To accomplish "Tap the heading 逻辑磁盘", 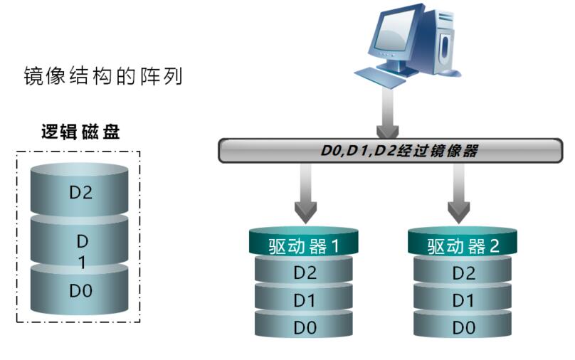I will pyautogui.click(x=79, y=132).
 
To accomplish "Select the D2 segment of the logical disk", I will pyautogui.click(x=80, y=193).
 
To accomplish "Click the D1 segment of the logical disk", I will pyautogui.click(x=80, y=250).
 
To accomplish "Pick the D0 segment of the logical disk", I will pyautogui.click(x=80, y=291).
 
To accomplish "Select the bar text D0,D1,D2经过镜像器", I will pyautogui.click(x=387, y=151).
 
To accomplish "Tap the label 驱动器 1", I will pyautogui.click(x=305, y=245).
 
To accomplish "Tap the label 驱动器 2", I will pyautogui.click(x=463, y=245).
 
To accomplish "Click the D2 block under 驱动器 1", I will pyautogui.click(x=305, y=273).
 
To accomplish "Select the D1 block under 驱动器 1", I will pyautogui.click(x=305, y=301).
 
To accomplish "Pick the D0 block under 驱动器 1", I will pyautogui.click(x=305, y=327).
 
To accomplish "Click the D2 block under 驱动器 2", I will pyautogui.click(x=463, y=273).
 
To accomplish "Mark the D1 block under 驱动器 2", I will pyautogui.click(x=463, y=301).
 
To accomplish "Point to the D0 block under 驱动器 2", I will pyautogui.click(x=463, y=327).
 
